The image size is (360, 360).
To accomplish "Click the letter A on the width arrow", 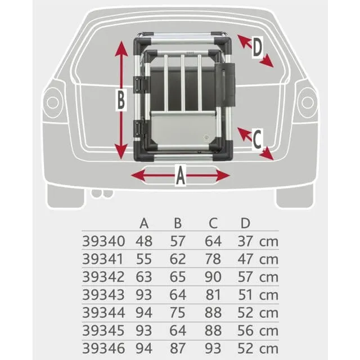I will pos(180,177).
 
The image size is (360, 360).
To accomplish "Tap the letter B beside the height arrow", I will pos(120,101).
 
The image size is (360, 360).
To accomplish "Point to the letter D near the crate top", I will pos(256,48).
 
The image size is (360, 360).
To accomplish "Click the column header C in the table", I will pos(213,223).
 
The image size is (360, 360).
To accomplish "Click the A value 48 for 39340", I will pos(145,241).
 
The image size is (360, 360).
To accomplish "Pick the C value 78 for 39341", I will pos(213,259).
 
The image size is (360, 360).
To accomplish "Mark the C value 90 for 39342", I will pos(213,277).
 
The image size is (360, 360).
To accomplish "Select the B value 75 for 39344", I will pos(178,313).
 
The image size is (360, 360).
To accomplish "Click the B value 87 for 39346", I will pos(178,348).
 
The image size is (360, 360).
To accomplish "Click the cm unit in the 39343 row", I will pos(269,295).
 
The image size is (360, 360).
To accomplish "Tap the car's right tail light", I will pos(307,101).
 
